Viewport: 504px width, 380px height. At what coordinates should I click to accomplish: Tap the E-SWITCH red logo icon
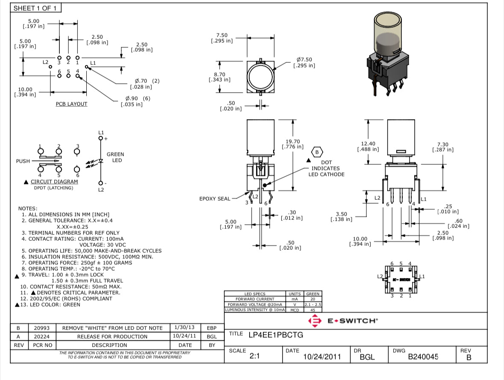click(x=314, y=321)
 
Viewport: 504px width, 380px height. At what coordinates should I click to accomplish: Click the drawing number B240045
click(x=423, y=357)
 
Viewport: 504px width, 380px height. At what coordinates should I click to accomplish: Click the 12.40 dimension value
click(x=368, y=144)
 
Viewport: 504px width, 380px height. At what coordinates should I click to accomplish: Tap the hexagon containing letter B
click(x=317, y=152)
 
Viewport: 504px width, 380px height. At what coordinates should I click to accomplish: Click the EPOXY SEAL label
click(x=215, y=199)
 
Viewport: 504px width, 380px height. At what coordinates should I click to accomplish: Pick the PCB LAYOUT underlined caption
click(x=71, y=104)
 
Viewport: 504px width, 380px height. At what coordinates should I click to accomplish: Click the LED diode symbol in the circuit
click(x=101, y=161)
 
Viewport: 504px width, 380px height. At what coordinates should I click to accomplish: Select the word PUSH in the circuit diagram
click(x=23, y=161)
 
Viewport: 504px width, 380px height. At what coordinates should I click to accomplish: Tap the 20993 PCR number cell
click(x=42, y=328)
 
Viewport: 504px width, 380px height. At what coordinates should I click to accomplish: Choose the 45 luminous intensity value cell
click(x=312, y=310)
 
